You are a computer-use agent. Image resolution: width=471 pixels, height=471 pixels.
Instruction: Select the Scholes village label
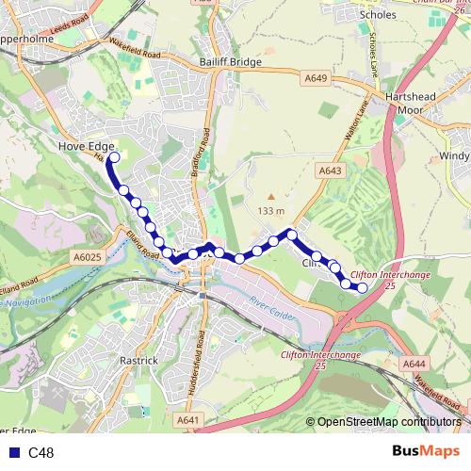pos(404,15)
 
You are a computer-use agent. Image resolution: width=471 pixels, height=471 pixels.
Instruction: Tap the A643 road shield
pos(329,171)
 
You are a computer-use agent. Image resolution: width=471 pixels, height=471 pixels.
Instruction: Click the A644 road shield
pos(414,363)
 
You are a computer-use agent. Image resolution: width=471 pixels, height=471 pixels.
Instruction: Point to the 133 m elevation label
pos(269,209)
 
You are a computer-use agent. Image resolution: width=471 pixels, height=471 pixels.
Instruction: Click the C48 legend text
pos(41,453)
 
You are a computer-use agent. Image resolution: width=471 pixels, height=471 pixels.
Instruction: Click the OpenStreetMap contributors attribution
pos(389,421)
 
